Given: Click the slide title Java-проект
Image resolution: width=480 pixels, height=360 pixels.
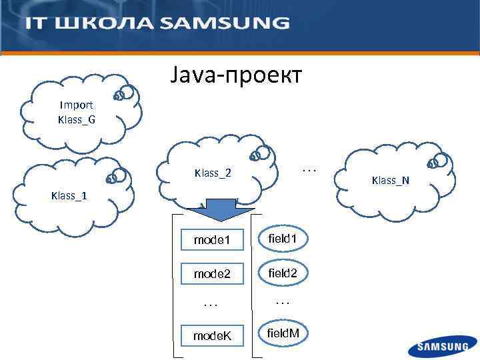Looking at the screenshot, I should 236,76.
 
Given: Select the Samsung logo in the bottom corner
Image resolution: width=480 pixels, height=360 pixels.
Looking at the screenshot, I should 443,347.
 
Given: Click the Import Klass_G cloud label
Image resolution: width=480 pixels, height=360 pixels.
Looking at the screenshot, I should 76,112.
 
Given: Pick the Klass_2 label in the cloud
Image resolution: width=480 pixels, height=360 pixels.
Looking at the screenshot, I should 213,173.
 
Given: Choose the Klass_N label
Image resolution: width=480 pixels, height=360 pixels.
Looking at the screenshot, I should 391,180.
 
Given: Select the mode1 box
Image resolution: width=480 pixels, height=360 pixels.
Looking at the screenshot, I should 212,239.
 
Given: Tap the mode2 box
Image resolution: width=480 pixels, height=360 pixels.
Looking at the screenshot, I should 212,273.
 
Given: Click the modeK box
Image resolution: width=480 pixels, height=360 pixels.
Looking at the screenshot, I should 212,335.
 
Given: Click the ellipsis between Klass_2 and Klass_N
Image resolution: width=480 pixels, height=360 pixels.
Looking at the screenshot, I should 309,170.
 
